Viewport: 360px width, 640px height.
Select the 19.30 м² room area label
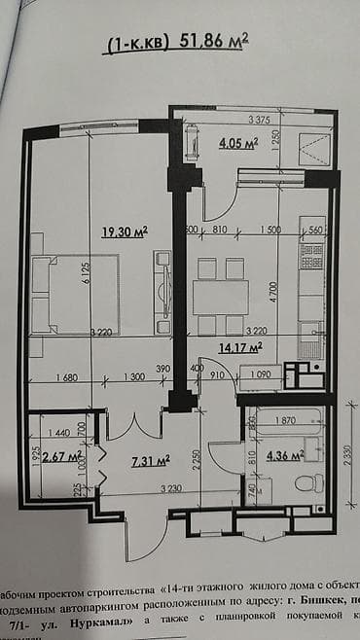[x=125, y=231]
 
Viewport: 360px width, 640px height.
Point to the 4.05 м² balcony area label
[x=237, y=143]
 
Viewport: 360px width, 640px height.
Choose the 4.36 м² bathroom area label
[x=284, y=454]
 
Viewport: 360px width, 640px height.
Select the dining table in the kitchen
[x=220, y=295]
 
